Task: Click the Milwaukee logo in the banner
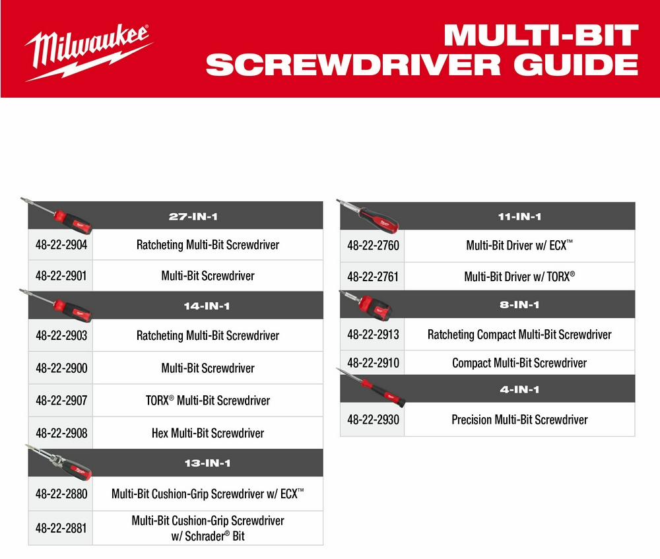88,52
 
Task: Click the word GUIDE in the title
576,65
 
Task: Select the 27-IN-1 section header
193,216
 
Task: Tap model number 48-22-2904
61,245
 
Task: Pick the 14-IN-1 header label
207,306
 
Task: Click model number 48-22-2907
61,400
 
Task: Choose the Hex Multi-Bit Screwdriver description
208,433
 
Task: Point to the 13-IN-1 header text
207,463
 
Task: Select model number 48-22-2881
61,528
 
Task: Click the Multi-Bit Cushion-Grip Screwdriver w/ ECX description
207,494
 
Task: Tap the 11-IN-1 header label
519,216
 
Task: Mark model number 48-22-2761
373,277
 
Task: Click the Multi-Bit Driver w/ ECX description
519,245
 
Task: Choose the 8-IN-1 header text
519,304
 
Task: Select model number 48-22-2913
373,334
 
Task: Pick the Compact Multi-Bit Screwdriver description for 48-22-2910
519,362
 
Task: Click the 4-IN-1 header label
519,389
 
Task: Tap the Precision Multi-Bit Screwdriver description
519,419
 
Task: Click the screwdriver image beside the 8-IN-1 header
367,305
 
